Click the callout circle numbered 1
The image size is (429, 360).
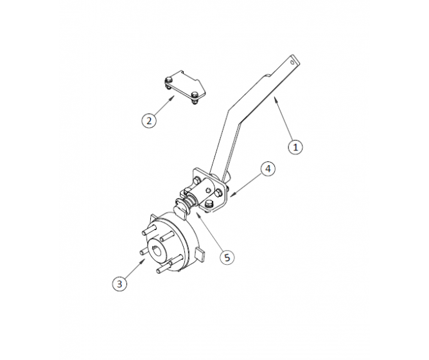[x=295, y=147]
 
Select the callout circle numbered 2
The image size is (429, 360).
[x=149, y=120]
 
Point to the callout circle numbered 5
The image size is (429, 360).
[x=225, y=256]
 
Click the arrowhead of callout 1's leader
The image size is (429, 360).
[x=274, y=98]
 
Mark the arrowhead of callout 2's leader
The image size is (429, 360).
[x=175, y=97]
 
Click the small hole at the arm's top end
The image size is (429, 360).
[x=294, y=63]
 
